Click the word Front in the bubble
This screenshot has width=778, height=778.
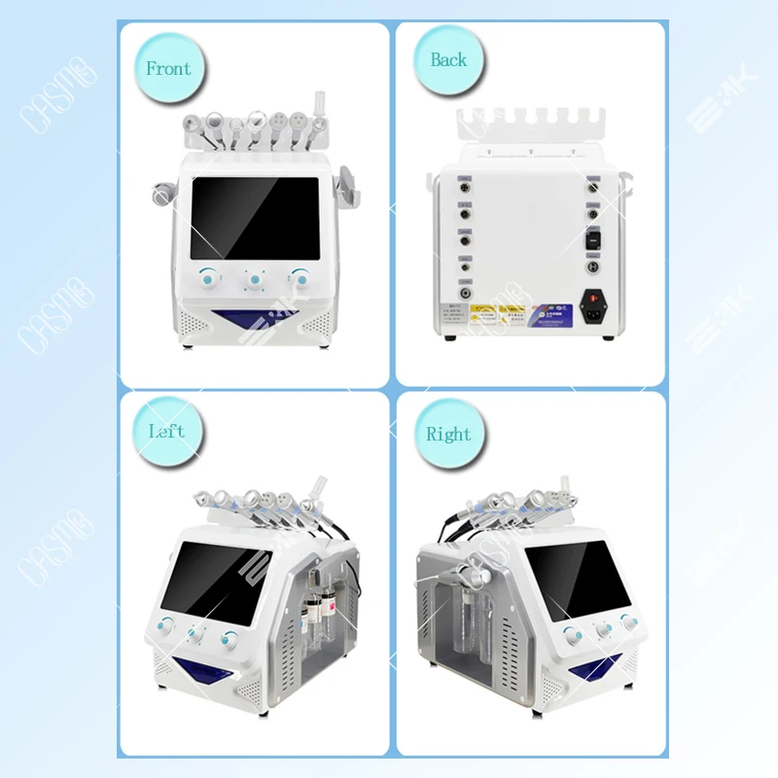tap(168, 69)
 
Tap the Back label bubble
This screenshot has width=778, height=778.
tap(448, 60)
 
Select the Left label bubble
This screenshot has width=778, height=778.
tap(166, 432)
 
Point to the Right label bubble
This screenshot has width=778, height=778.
tap(447, 435)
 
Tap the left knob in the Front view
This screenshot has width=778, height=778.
tap(208, 277)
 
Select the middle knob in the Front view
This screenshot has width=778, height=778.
tap(255, 280)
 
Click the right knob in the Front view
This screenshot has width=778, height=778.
tap(301, 278)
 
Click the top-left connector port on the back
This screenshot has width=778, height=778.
tap(466, 181)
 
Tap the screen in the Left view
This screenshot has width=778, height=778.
tap(209, 581)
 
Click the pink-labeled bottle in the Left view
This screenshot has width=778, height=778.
tap(314, 614)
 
